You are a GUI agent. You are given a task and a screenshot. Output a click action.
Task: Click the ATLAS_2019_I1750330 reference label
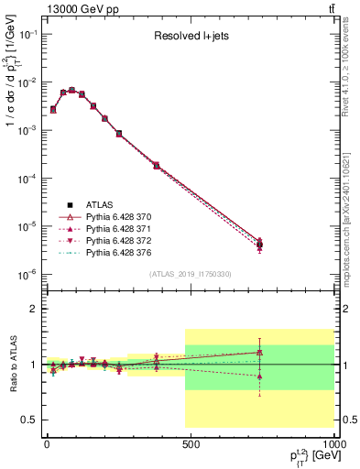[x=190, y=274]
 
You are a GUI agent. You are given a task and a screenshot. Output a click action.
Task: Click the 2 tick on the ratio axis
[x=33, y=309]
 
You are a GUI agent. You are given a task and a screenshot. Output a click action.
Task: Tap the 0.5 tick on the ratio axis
[x=30, y=420]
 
